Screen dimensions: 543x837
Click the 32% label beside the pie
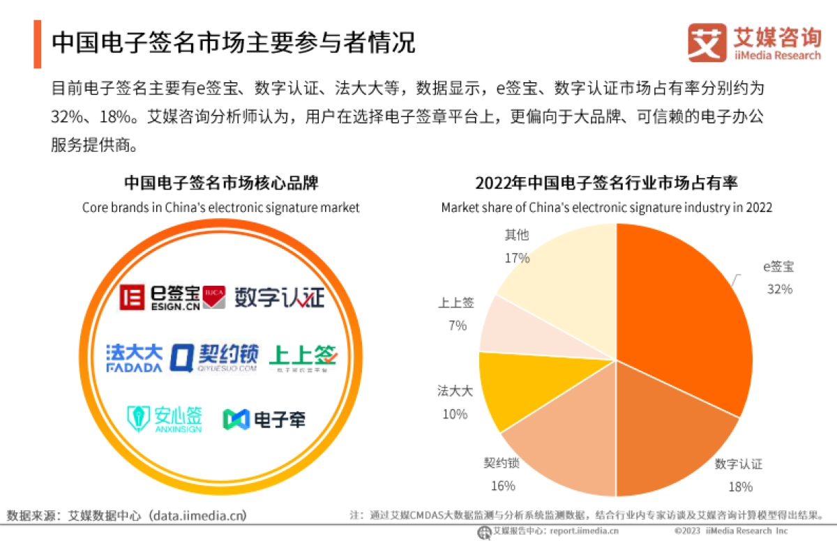tap(779, 289)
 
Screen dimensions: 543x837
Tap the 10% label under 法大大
tap(454, 414)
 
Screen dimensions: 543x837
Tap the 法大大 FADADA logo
tap(134, 357)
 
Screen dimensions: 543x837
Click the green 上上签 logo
tap(303, 357)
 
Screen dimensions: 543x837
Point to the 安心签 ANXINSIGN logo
tap(165, 419)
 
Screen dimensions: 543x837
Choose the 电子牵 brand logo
tap(264, 419)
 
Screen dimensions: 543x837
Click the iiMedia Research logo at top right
tap(754, 43)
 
